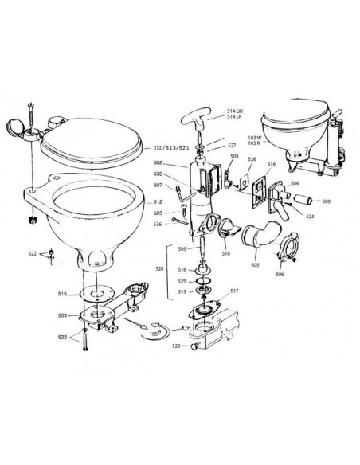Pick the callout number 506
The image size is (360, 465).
tap(279, 274)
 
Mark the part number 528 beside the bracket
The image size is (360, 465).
tap(159, 271)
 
